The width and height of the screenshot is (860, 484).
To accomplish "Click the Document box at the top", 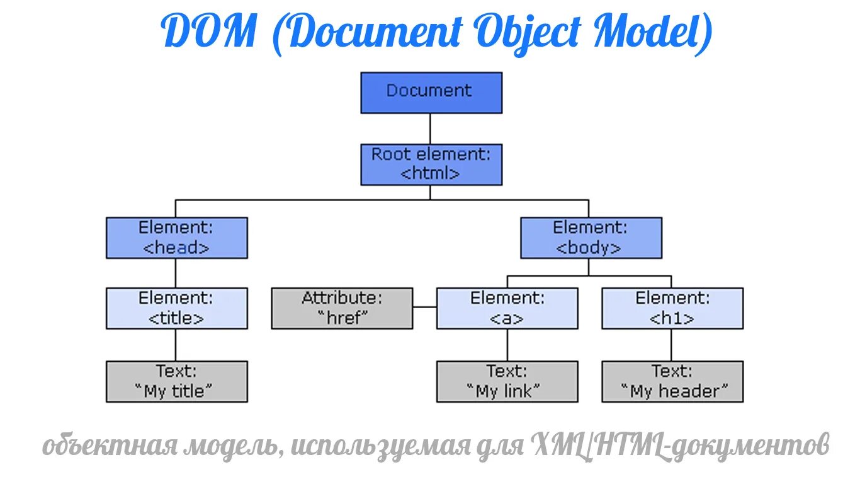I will pyautogui.click(x=431, y=93).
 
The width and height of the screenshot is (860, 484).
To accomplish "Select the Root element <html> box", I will pyautogui.click(x=431, y=164).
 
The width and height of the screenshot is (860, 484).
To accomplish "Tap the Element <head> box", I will pyautogui.click(x=176, y=238).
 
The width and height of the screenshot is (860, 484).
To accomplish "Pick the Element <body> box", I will pyautogui.click(x=591, y=238).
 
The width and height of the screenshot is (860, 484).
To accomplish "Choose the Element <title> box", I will pyautogui.click(x=176, y=308).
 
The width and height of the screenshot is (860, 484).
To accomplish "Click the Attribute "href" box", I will pyautogui.click(x=342, y=308).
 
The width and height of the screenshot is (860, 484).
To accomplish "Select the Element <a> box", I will pyautogui.click(x=507, y=308).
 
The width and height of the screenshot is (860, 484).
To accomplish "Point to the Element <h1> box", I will pyautogui.click(x=672, y=308).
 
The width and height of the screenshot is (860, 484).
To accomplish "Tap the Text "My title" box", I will pyautogui.click(x=176, y=381).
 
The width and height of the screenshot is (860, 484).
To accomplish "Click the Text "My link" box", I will pyautogui.click(x=507, y=381).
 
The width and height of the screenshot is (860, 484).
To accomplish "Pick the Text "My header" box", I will pyautogui.click(x=672, y=381).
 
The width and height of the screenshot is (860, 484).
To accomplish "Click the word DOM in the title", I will pyautogui.click(x=209, y=33).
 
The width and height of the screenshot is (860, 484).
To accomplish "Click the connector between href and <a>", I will pyautogui.click(x=425, y=308).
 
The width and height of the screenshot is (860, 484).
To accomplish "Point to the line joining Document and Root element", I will pyautogui.click(x=431, y=129).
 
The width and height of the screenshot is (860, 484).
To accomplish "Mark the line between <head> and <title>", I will pyautogui.click(x=176, y=273).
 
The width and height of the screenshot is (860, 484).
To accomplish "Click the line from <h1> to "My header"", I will pyautogui.click(x=671, y=345).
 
